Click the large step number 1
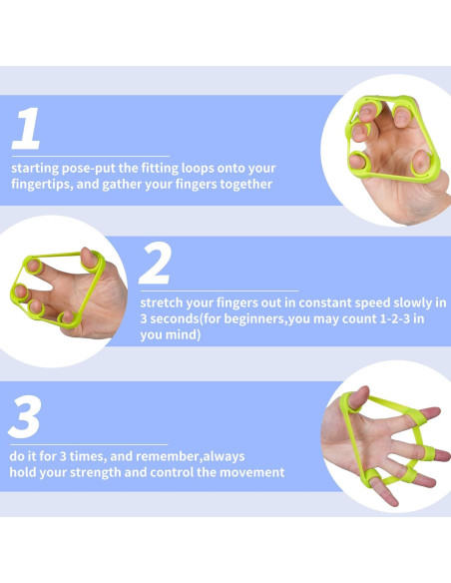[26, 128]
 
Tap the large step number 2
[156, 263]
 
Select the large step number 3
[25, 417]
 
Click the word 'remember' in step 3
[172, 456]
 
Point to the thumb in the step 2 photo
[90, 258]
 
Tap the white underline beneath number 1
[91, 156]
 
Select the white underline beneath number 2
[220, 291]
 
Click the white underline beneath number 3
[89, 444]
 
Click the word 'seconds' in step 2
[175, 319]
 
